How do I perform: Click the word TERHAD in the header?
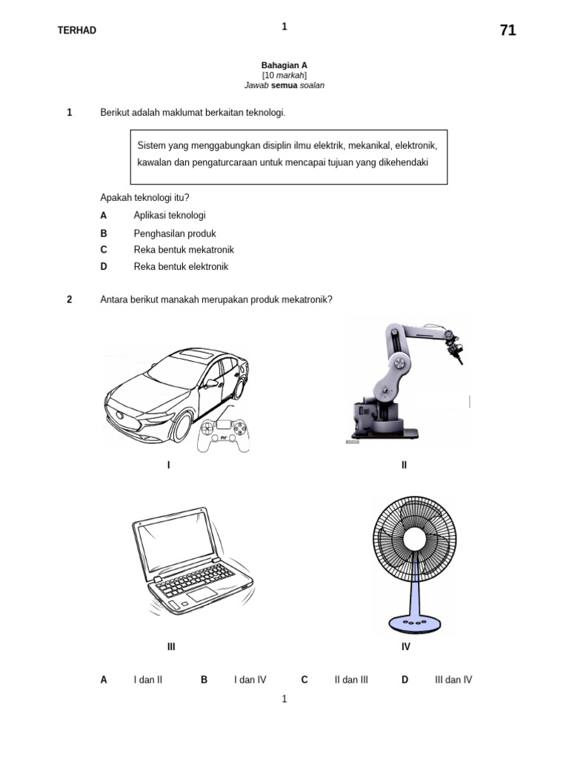point(77,30)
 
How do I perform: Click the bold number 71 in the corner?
point(508,30)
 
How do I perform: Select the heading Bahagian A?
point(284,65)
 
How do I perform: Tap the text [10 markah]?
point(284,76)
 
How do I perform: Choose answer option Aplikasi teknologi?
point(170,215)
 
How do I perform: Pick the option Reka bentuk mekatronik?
point(184,250)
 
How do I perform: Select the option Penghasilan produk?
point(175,233)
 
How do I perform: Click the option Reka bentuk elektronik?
point(181,267)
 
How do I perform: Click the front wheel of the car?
point(182,426)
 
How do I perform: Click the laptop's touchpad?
point(201,595)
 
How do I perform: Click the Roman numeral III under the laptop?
point(171,647)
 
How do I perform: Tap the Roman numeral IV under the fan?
point(406,647)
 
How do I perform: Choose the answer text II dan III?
point(351,680)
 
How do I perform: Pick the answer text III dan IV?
point(453,680)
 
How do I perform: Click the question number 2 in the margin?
point(70,299)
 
